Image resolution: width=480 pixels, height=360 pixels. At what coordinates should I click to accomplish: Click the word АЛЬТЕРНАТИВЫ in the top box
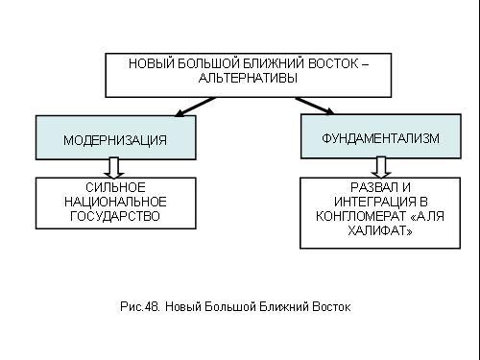click(248, 78)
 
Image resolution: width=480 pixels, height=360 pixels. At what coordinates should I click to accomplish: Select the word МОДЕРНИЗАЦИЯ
click(115, 140)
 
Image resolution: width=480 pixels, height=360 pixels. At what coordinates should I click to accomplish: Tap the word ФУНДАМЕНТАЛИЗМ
click(380, 138)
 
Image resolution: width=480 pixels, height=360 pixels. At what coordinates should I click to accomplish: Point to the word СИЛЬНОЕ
click(115, 187)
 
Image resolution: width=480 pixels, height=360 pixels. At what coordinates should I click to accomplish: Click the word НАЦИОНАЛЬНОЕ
click(115, 202)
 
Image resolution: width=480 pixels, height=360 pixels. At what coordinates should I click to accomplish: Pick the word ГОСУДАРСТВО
click(115, 216)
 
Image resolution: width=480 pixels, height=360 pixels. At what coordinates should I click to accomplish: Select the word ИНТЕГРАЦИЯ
click(374, 202)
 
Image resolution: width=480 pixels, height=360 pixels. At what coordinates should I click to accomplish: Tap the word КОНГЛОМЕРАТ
click(361, 216)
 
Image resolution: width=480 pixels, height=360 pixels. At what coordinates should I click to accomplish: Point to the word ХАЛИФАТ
click(378, 230)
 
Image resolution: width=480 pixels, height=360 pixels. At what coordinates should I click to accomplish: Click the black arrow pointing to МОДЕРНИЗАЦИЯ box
click(195, 107)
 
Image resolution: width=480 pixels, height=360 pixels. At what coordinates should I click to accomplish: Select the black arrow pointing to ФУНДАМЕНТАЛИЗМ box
click(315, 106)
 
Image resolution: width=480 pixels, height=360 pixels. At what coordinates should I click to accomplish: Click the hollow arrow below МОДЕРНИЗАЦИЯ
click(114, 168)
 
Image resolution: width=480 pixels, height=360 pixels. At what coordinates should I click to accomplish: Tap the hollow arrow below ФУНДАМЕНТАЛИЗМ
click(381, 167)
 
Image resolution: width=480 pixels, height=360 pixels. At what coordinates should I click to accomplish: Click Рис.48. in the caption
click(140, 306)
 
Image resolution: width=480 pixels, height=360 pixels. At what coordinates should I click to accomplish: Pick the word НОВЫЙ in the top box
click(151, 63)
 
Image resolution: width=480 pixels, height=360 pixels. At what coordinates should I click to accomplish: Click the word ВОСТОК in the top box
click(333, 63)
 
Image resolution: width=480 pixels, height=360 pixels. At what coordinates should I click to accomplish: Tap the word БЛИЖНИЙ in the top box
click(274, 63)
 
